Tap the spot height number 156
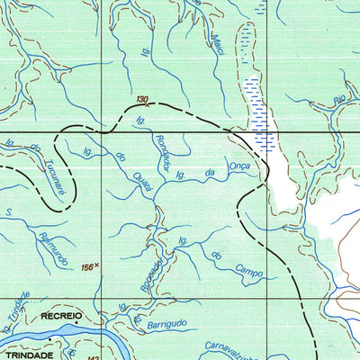(86, 266)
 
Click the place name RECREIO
(60, 317)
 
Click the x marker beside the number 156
(97, 265)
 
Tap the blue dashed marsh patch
(259, 112)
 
